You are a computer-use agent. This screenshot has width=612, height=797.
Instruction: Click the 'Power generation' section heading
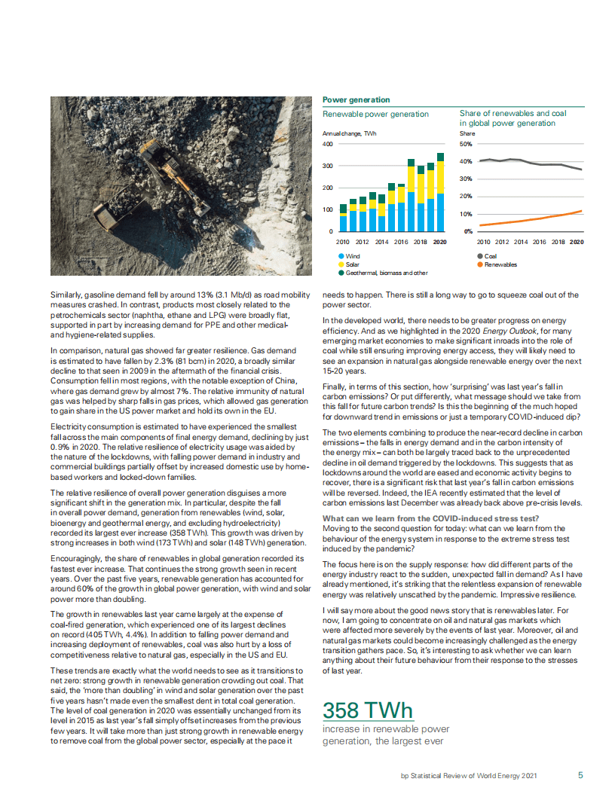tap(356, 99)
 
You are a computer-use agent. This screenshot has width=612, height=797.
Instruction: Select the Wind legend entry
tap(352, 256)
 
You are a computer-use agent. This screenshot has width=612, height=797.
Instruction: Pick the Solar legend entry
tap(352, 264)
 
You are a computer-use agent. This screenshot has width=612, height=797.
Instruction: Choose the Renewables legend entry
tap(500, 264)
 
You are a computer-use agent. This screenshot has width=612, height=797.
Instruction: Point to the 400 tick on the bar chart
tap(328, 144)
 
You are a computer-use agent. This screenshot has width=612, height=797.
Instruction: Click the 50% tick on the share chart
tap(467, 144)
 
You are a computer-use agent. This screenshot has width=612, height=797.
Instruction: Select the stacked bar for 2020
tap(440, 192)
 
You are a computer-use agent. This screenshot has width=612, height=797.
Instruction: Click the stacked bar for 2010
tap(344, 218)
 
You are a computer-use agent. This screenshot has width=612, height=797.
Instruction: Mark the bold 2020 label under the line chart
tap(577, 242)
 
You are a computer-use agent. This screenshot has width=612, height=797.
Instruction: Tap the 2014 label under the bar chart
tap(382, 242)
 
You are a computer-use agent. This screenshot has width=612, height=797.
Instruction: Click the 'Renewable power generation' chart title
tap(375, 115)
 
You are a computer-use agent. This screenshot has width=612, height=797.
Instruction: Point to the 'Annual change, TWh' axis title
tap(349, 133)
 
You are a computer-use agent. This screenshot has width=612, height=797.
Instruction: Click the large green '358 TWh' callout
tap(367, 710)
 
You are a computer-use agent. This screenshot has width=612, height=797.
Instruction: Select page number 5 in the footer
tap(580, 774)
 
